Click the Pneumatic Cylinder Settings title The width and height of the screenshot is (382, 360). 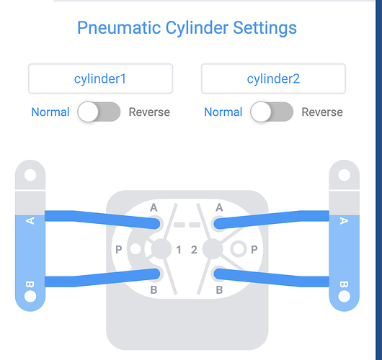(x=187, y=28)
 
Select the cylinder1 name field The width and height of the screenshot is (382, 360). (x=100, y=78)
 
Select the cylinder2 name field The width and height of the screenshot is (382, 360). (x=273, y=78)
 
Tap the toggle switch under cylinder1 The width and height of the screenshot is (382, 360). (x=99, y=112)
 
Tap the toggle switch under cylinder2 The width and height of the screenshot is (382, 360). (x=272, y=112)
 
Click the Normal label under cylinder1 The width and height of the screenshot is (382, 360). (x=50, y=112)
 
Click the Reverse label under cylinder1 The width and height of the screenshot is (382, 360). (x=149, y=112)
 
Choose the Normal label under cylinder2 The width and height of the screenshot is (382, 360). (x=223, y=112)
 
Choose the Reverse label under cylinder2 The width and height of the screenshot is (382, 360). (x=322, y=112)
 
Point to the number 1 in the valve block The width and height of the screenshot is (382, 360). (x=179, y=250)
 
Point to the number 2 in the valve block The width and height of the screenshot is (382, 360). (x=193, y=250)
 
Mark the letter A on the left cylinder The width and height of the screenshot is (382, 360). (x=30, y=220)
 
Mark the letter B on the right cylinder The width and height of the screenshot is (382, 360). (x=344, y=283)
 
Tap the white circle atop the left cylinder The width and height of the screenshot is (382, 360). (x=30, y=175)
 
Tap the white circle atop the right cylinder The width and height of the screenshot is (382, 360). (x=344, y=175)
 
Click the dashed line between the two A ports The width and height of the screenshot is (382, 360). (x=186, y=225)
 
